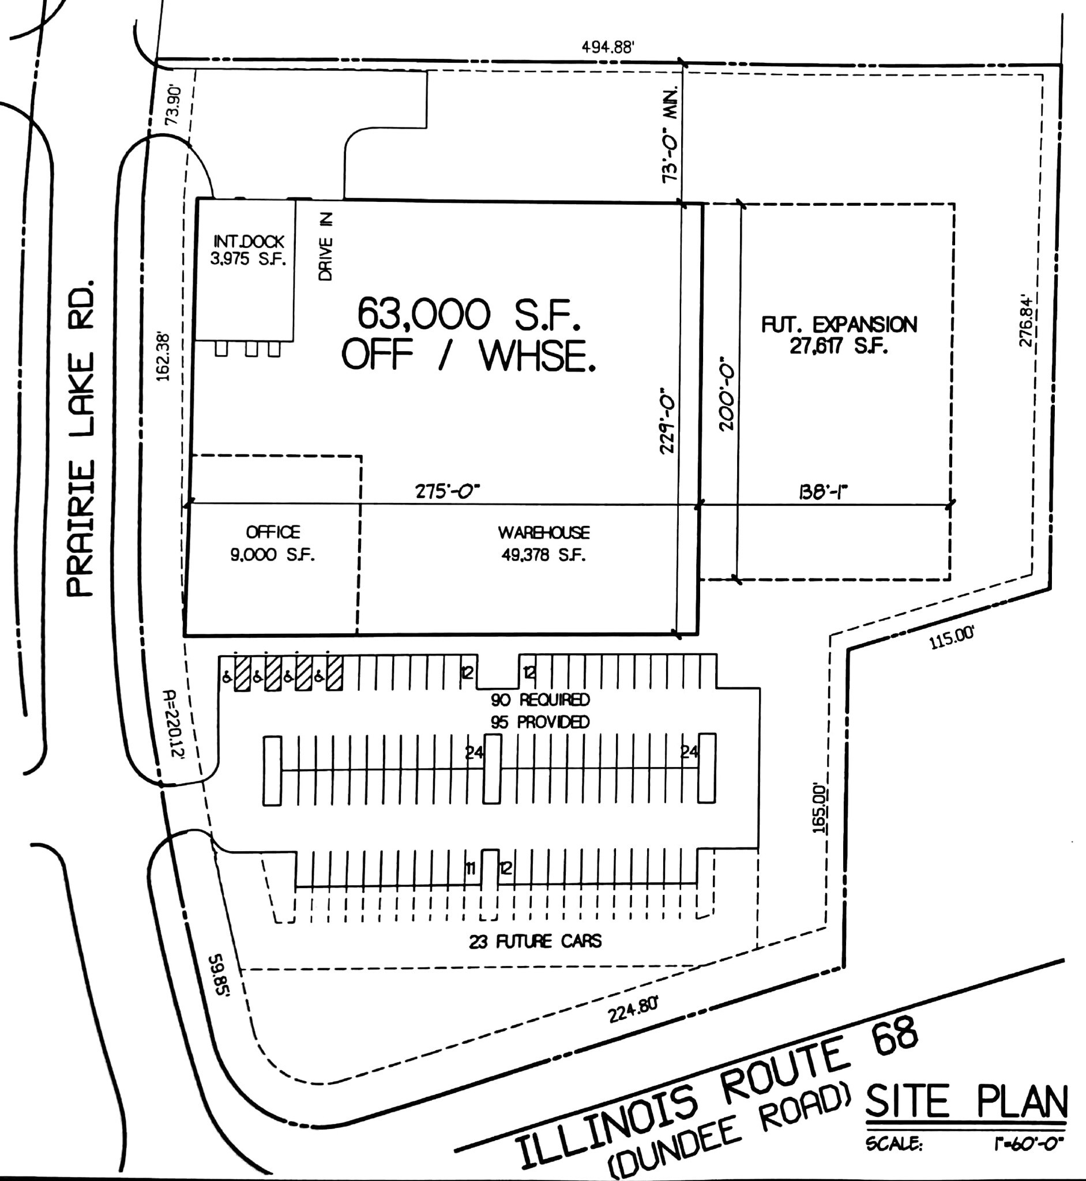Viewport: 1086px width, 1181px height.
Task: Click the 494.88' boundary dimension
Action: pyautogui.click(x=608, y=48)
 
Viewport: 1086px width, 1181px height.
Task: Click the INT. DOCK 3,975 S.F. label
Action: pyautogui.click(x=249, y=250)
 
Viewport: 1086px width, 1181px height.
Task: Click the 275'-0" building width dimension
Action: pyautogui.click(x=448, y=491)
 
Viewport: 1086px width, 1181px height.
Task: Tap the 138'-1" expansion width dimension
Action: pyautogui.click(x=824, y=491)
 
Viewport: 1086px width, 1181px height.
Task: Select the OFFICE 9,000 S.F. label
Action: pyautogui.click(x=273, y=543)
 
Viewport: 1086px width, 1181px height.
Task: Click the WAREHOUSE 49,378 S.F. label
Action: pyautogui.click(x=544, y=543)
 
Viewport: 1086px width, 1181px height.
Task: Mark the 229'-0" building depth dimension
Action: pyautogui.click(x=666, y=420)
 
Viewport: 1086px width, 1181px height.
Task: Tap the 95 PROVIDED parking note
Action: pyautogui.click(x=540, y=721)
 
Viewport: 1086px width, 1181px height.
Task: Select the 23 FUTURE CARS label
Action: pyautogui.click(x=535, y=942)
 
